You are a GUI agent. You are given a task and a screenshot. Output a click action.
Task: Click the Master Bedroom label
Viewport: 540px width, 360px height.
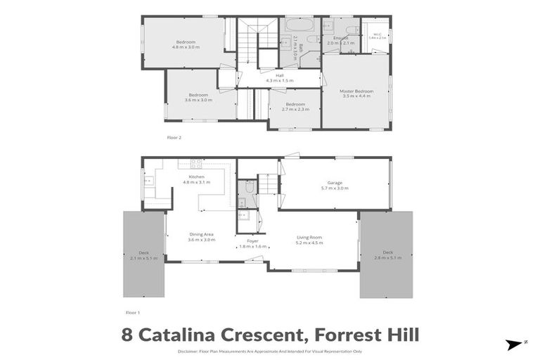356,91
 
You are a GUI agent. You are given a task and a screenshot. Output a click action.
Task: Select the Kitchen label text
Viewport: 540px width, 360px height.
196,176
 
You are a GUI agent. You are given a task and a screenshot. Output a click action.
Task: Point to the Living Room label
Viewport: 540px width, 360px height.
309,238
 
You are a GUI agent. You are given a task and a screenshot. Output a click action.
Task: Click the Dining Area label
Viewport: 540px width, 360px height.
201,234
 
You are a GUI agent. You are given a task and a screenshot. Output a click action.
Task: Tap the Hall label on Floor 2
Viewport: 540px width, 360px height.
279,75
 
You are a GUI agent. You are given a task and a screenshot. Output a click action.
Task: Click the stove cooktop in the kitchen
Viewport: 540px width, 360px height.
195,163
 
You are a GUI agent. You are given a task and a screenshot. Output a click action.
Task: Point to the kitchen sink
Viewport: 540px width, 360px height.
149,181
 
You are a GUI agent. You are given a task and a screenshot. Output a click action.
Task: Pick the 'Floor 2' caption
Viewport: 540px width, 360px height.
174,137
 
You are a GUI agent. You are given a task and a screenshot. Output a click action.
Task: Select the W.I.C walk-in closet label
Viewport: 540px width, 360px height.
378,33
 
